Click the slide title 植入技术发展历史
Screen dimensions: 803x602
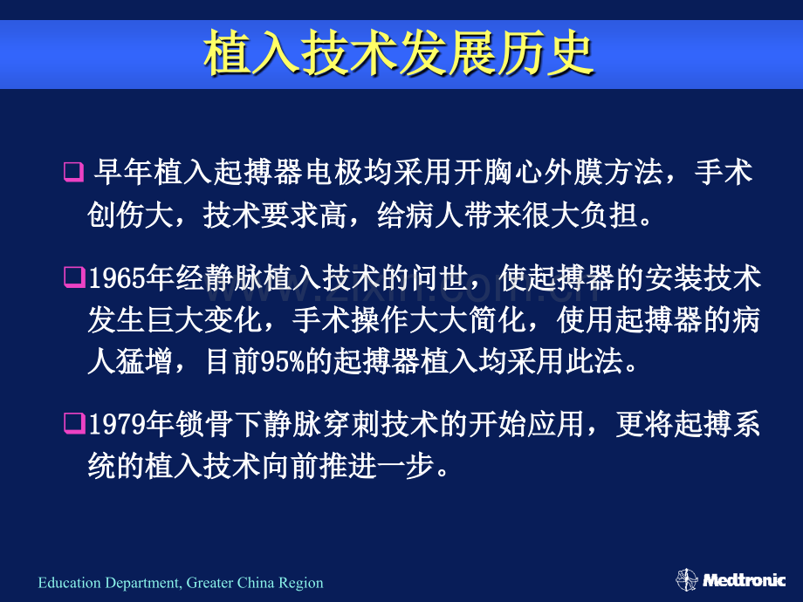(398, 53)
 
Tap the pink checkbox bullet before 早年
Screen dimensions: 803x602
(73, 172)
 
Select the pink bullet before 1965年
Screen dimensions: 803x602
(74, 278)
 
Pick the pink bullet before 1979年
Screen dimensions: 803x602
(74, 424)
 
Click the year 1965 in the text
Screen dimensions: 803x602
(117, 278)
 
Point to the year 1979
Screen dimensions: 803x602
(117, 425)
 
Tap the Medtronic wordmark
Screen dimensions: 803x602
(745, 580)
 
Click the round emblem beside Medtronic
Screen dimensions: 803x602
(687, 580)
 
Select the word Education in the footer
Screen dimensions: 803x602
(69, 583)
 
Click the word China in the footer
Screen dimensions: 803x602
(255, 583)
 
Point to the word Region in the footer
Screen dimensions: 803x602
(300, 584)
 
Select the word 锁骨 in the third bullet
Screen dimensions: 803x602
(204, 425)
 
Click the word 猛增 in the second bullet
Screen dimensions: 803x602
(145, 362)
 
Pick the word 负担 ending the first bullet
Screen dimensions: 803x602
(609, 215)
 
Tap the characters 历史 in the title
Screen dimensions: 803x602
(545, 53)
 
